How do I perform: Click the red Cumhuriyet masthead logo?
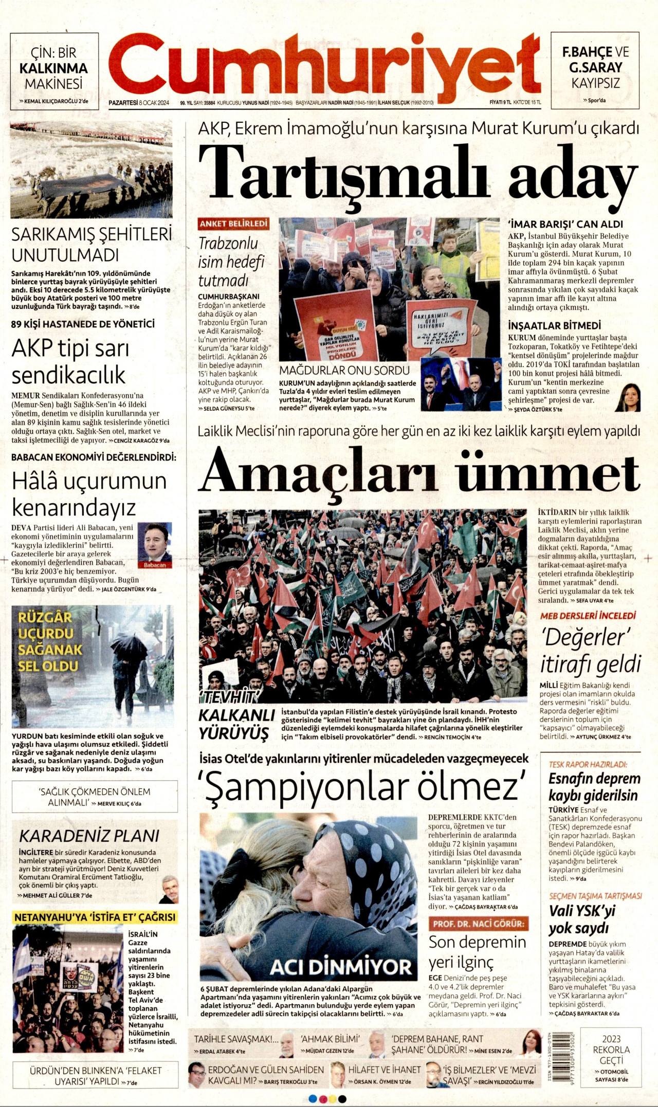click(x=324, y=64)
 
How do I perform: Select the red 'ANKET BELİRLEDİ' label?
click(x=234, y=224)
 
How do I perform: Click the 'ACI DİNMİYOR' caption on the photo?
click(x=341, y=966)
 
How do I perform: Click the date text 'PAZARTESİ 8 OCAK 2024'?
click(x=139, y=102)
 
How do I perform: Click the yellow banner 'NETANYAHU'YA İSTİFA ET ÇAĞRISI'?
click(x=95, y=917)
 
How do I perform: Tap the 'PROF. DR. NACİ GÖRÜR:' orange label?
click(x=478, y=924)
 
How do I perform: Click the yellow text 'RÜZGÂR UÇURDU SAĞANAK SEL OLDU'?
click(x=50, y=642)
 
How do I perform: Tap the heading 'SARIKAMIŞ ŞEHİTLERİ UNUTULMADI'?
click(x=91, y=244)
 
